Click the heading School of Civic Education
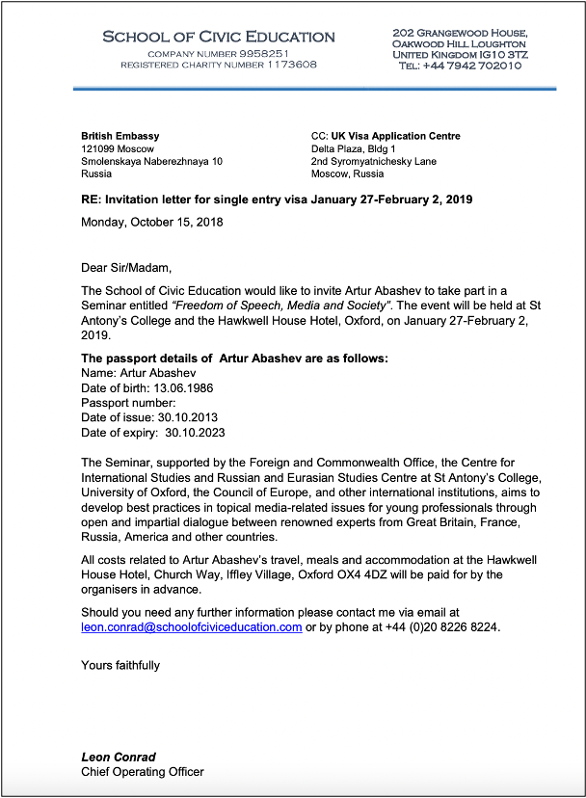pos(219,37)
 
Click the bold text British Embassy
pos(120,137)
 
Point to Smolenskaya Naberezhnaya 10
pos(151,162)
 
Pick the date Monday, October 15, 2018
pos(152,223)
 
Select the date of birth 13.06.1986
pos(181,387)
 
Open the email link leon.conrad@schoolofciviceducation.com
pos(192,626)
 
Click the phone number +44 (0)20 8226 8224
pos(440,626)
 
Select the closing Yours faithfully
pos(120,665)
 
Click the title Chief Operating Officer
pos(143,771)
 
